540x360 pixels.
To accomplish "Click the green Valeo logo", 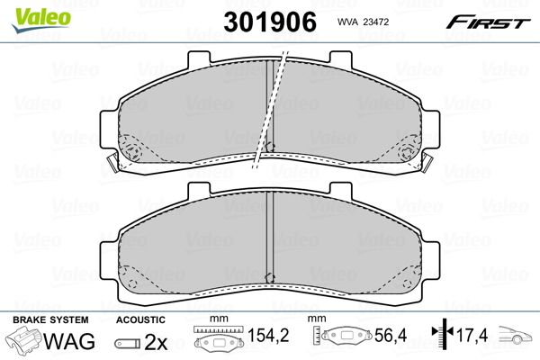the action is (x=41, y=21).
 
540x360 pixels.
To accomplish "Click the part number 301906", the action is (x=270, y=22).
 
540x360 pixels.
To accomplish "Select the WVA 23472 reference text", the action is (x=363, y=22).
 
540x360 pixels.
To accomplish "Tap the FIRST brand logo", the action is (x=488, y=22).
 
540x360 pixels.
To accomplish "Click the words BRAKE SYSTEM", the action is (x=50, y=319).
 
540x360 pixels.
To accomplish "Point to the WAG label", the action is (x=69, y=341).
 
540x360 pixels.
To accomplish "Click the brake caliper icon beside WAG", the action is (x=23, y=339).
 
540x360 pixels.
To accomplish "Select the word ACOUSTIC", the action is (x=140, y=320).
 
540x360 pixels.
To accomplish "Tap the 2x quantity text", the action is (x=156, y=342).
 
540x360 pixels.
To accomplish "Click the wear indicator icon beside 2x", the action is (x=128, y=344).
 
